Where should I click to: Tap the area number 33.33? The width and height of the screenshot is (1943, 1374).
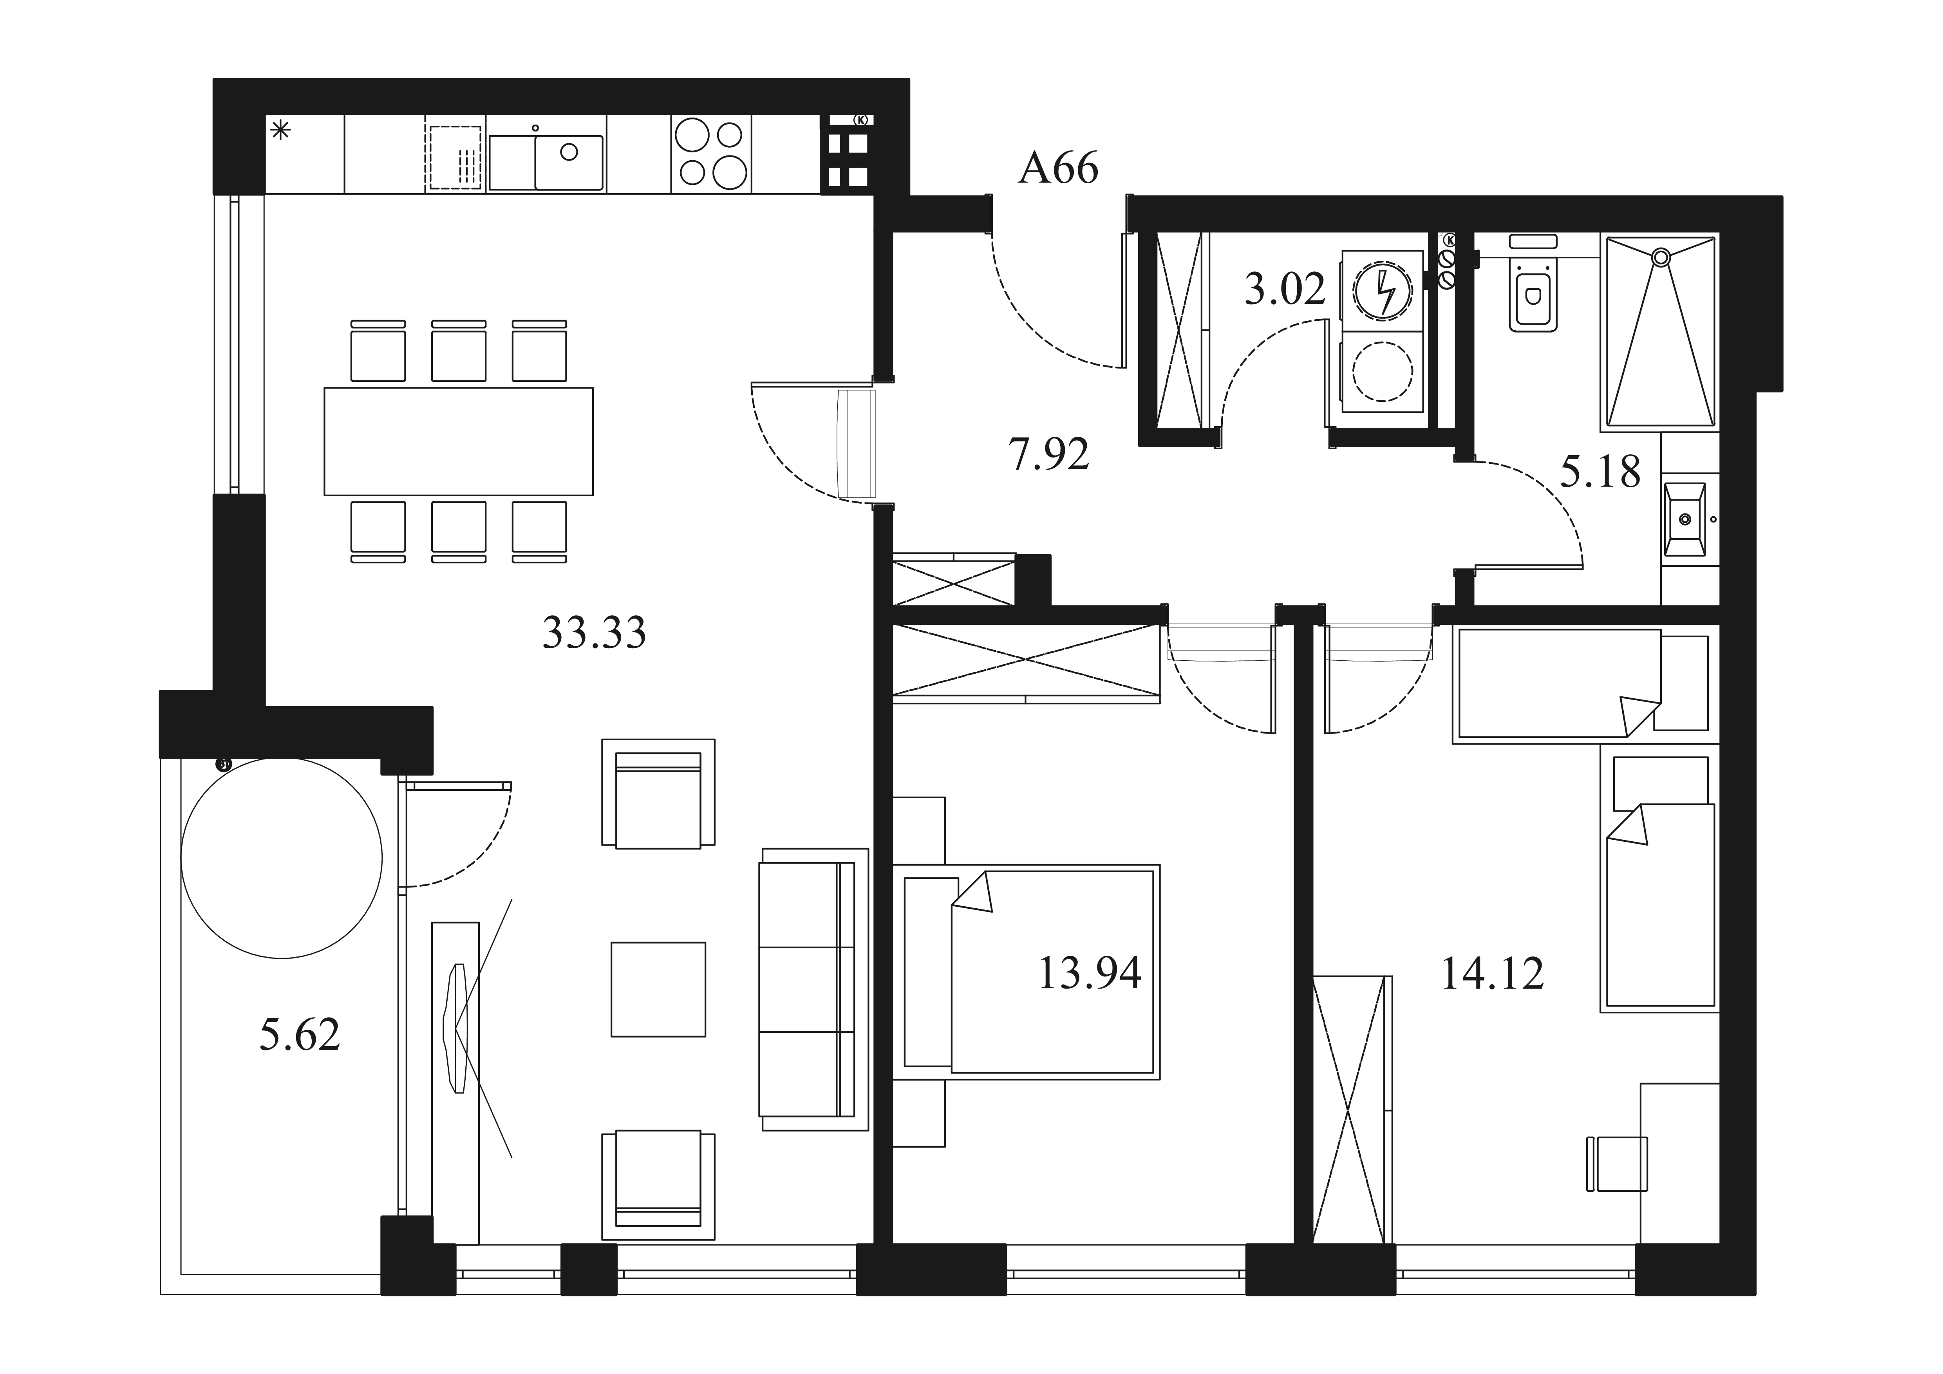pyautogui.click(x=594, y=632)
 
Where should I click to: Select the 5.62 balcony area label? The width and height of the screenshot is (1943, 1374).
pyautogui.click(x=300, y=1034)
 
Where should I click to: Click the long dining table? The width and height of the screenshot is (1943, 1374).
pyautogui.click(x=459, y=441)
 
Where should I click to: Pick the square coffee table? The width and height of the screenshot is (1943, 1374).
pyautogui.click(x=658, y=989)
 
